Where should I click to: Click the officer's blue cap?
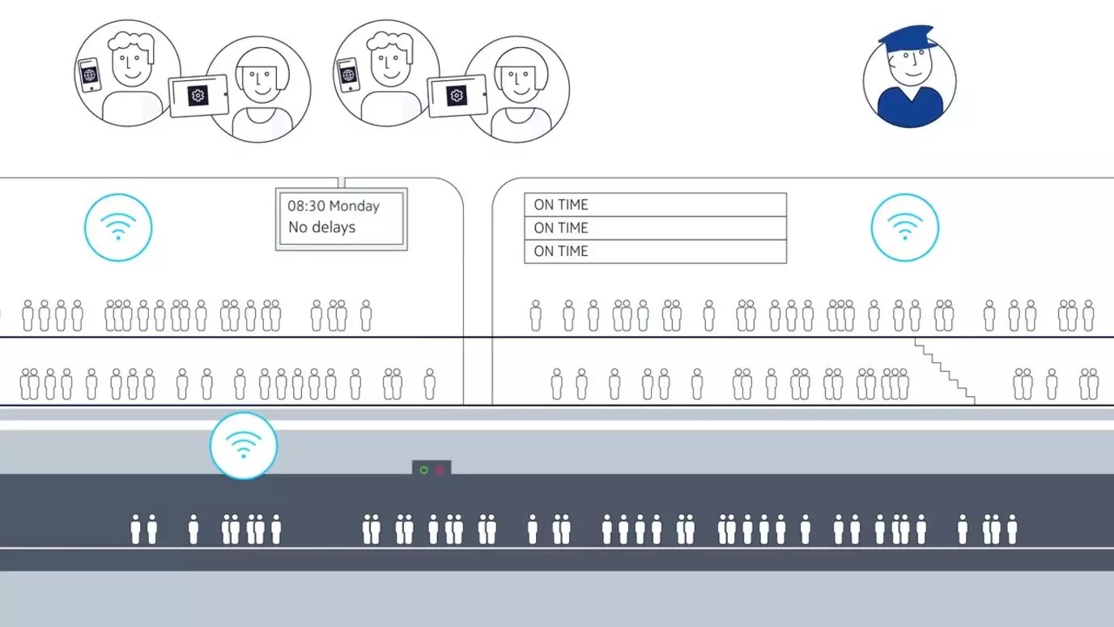[904, 39]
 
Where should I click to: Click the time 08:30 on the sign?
[306, 206]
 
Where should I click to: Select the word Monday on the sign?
[354, 206]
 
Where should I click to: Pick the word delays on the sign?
[334, 228]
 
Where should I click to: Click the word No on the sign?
[298, 228]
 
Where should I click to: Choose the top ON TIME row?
[655, 204]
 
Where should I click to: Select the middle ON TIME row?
[655, 228]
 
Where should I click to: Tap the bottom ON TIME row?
[655, 251]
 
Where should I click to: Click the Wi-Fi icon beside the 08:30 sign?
[118, 228]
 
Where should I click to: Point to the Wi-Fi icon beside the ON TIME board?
[904, 228]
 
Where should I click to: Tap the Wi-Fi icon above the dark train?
[243, 446]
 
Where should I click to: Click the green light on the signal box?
[423, 470]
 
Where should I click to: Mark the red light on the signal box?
[440, 470]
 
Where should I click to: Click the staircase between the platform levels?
[944, 371]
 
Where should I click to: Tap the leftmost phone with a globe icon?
[89, 75]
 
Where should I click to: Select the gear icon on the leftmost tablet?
[198, 96]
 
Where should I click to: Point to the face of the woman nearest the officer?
[518, 81]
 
